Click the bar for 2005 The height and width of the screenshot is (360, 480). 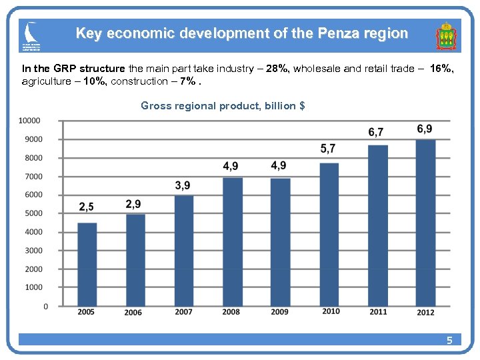(x=87, y=264)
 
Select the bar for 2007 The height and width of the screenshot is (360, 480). (x=183, y=251)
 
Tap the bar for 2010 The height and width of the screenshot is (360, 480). (x=329, y=235)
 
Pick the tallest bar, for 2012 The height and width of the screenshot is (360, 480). (x=425, y=223)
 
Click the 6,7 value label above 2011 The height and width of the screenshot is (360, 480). (x=376, y=132)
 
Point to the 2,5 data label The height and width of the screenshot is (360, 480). (x=86, y=207)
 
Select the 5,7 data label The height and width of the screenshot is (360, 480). (x=328, y=148)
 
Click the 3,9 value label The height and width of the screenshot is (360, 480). (x=183, y=185)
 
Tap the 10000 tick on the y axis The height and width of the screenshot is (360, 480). (x=29, y=121)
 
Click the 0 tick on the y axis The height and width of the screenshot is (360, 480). (x=45, y=307)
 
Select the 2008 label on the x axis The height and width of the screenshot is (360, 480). (x=231, y=312)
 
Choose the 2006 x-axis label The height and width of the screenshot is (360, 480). (x=133, y=313)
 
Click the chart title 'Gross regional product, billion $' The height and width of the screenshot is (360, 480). (x=223, y=105)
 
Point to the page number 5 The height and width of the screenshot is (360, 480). (x=449, y=341)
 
